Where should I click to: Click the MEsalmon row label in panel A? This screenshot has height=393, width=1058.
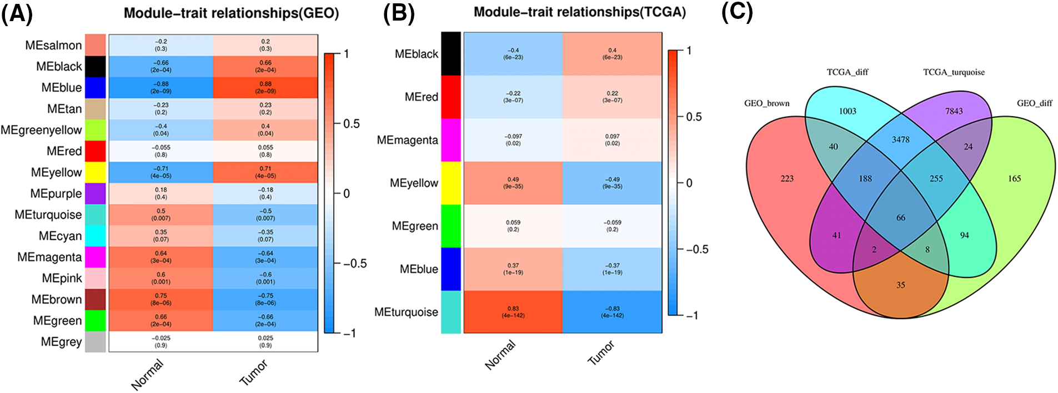[x=53, y=45]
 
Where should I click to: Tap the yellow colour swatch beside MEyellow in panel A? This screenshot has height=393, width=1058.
[x=95, y=172]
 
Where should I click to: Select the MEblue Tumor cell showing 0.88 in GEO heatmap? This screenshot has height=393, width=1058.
[x=265, y=87]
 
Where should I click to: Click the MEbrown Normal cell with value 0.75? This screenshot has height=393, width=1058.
[x=161, y=299]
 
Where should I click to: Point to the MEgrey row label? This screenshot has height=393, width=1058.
[x=61, y=342]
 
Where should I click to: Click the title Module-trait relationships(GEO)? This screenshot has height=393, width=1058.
[x=231, y=13]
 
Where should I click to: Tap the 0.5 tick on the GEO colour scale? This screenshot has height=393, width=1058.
[x=351, y=123]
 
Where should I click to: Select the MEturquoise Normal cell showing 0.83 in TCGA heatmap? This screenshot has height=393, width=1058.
[x=513, y=312]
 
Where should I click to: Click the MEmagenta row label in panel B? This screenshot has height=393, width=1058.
[x=407, y=140]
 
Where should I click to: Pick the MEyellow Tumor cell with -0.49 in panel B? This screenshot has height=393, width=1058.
[x=612, y=183]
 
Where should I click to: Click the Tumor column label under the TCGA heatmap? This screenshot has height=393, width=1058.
[x=601, y=353]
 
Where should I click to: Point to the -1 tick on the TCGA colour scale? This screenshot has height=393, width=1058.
[x=691, y=315]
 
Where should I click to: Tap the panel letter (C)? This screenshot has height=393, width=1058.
[x=736, y=12]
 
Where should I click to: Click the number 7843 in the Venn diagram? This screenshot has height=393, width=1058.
[x=954, y=111]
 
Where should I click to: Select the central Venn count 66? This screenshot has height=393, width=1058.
[x=900, y=218]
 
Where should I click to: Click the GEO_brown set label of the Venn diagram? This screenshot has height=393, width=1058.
[x=766, y=103]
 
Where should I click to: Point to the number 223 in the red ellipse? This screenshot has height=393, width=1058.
[x=786, y=178]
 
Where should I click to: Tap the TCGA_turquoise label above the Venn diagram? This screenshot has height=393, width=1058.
[x=954, y=72]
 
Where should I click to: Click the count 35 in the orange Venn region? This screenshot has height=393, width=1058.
[x=900, y=285]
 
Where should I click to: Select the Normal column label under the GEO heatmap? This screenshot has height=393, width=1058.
[x=147, y=374]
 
